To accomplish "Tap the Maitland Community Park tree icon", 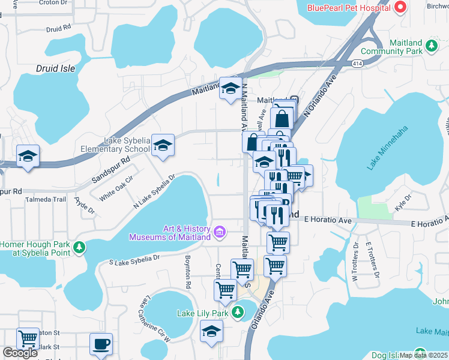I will tap(431, 46).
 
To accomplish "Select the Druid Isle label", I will tap(56, 68).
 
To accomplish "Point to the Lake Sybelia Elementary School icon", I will tap(162, 145).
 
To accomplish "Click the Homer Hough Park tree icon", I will tap(79, 248).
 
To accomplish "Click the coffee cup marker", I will tap(101, 344).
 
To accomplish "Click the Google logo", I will tap(20, 353).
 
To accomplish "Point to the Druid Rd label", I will tap(58, 28).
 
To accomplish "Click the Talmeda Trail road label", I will tap(50, 199).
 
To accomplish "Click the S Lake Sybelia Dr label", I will tap(134, 259).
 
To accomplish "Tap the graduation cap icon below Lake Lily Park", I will tap(211, 331).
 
